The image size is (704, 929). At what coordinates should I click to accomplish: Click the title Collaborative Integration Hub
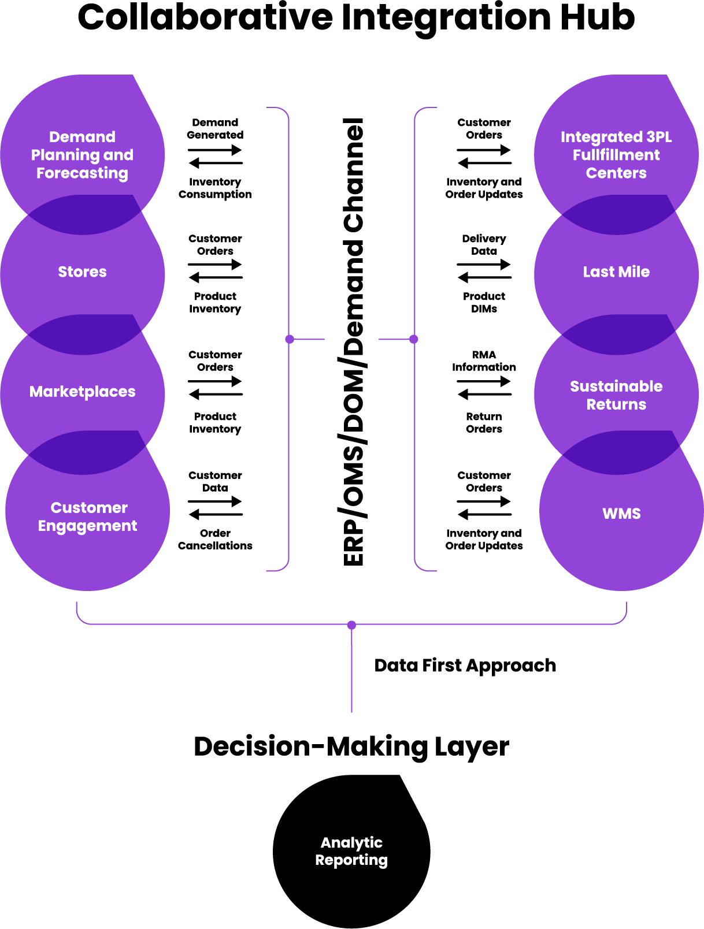point(355,17)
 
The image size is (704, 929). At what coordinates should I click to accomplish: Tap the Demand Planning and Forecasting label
point(82,155)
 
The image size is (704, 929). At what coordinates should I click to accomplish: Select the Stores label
point(82,272)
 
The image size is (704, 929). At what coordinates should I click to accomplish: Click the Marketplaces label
point(82,392)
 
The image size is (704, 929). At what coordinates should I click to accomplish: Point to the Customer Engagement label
point(88,516)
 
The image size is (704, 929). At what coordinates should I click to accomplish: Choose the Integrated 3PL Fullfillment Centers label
point(616,155)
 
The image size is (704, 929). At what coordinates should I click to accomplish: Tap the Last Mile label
point(616,272)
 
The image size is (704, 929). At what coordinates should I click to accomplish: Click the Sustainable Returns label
point(616,395)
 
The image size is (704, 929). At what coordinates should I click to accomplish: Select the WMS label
point(621,514)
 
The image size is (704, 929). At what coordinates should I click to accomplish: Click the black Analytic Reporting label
point(351,851)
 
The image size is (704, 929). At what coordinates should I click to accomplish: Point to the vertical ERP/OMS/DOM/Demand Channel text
point(354,342)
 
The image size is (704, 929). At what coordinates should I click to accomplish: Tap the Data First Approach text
point(465,666)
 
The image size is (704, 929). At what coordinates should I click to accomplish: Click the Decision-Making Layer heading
point(351,746)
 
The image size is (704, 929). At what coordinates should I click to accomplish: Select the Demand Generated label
point(215,129)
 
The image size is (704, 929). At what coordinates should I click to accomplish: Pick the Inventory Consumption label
point(215,188)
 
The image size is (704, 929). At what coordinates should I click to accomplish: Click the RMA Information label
point(484,361)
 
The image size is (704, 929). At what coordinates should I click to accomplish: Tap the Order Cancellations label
point(215,540)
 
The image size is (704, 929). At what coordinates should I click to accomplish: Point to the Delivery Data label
point(484,245)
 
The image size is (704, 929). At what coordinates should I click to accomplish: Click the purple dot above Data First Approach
point(351,625)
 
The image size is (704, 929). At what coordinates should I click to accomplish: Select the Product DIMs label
point(484,303)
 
